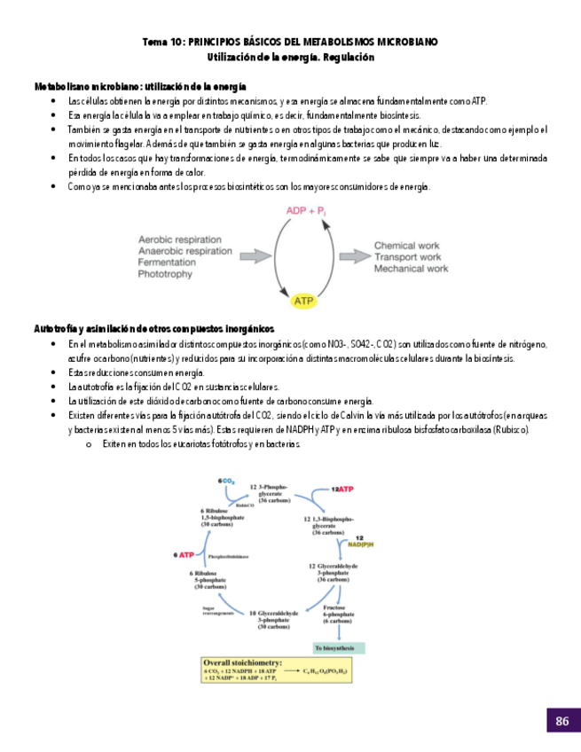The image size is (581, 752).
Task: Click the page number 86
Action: tap(561, 721)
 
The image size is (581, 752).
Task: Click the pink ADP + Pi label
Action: tap(306, 211)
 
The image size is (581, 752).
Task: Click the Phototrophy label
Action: tap(165, 275)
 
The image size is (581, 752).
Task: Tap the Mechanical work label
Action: tap(411, 269)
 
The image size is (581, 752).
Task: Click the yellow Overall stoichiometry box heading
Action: tap(243, 662)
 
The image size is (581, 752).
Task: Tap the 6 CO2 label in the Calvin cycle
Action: tap(226, 480)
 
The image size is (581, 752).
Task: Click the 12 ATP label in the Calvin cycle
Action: tap(343, 489)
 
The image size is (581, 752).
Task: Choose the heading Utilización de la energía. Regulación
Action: tap(290, 57)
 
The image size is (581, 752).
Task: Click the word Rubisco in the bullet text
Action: tap(512, 429)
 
